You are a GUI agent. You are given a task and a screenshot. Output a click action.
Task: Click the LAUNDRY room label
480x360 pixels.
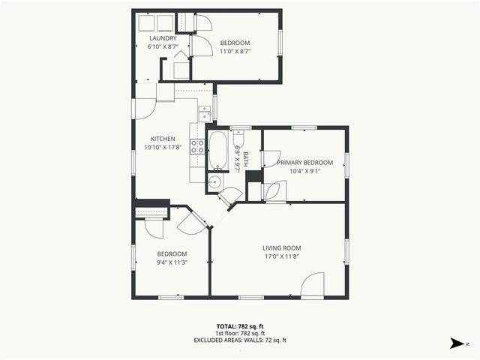tap(163, 38)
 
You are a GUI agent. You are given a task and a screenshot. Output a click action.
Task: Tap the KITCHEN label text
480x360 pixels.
tap(163, 139)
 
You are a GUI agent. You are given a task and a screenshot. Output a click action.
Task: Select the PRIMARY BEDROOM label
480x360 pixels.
tap(304, 163)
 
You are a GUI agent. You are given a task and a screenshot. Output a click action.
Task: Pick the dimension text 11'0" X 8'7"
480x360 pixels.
tap(235, 52)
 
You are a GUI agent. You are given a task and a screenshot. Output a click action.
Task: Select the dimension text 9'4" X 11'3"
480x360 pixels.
tap(172, 262)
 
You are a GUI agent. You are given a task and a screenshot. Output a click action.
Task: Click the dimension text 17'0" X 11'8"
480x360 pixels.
tap(281, 257)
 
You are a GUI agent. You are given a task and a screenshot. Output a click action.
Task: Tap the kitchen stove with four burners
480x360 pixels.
tap(198, 146)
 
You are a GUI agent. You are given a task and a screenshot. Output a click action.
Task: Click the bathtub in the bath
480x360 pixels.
tap(219, 151)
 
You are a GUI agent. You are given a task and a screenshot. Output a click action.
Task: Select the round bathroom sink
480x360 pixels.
tap(214, 182)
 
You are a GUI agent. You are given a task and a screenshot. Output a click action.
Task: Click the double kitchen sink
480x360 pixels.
tap(205, 113)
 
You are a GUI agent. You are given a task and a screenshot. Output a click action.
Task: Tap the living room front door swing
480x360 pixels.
tap(313, 285)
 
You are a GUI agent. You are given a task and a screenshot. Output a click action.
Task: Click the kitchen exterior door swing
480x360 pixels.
tap(144, 109)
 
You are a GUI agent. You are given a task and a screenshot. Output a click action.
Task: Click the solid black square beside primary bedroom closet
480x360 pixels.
tap(253, 176)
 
